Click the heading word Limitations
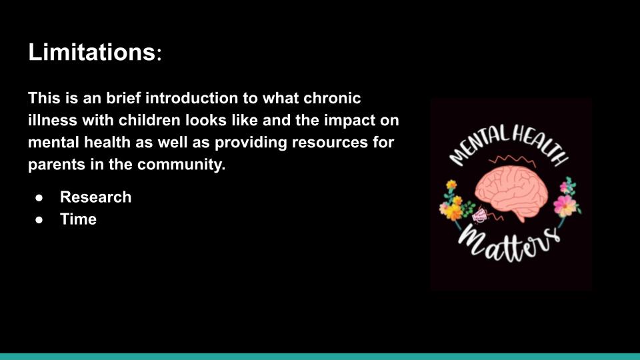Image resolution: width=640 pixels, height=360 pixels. [x=91, y=52]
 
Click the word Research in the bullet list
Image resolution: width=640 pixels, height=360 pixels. [x=95, y=197]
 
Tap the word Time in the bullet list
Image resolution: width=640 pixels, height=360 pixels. [x=79, y=219]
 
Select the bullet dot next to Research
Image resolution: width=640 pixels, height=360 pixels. [x=39, y=198]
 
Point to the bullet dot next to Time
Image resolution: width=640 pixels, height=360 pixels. [x=39, y=220]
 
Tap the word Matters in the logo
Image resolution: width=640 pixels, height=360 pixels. [x=509, y=244]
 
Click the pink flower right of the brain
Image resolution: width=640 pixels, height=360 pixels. [x=565, y=205]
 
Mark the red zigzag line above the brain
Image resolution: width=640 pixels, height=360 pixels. [x=512, y=160]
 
